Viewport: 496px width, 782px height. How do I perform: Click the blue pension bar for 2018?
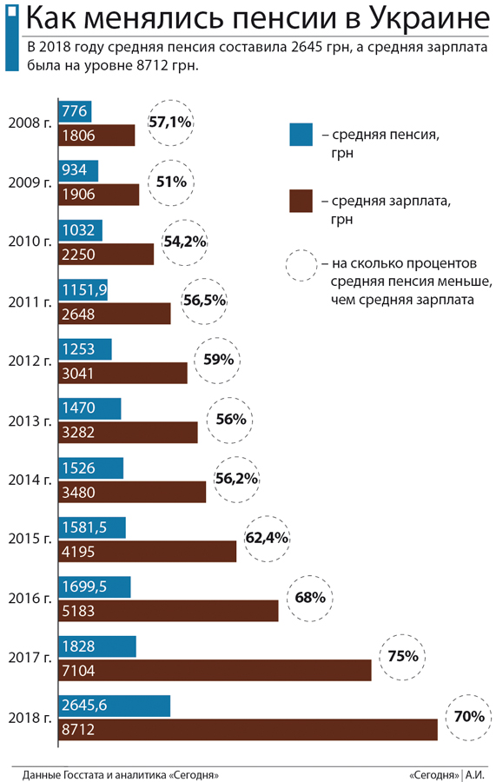pos(114,706)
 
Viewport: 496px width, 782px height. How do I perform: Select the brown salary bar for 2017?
pos(215,670)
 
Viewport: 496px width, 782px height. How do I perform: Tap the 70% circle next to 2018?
pos(468,718)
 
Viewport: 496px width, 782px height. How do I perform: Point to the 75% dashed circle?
pos(403,657)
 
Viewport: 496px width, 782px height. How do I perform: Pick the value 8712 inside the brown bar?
pos(78,730)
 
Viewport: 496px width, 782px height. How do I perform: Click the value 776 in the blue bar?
pos(74,111)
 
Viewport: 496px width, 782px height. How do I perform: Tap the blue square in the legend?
pos(301,135)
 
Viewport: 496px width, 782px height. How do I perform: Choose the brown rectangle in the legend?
pos(301,201)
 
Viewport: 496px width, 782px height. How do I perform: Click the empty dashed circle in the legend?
pos(301,265)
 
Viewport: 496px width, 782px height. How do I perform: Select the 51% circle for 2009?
pos(172,182)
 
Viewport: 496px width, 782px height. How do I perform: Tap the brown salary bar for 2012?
pos(122,373)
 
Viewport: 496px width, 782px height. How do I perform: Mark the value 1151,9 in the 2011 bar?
pos(84,289)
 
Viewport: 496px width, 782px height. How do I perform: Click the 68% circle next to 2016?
pos(310,598)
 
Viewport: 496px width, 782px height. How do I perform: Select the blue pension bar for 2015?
pos(92,527)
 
